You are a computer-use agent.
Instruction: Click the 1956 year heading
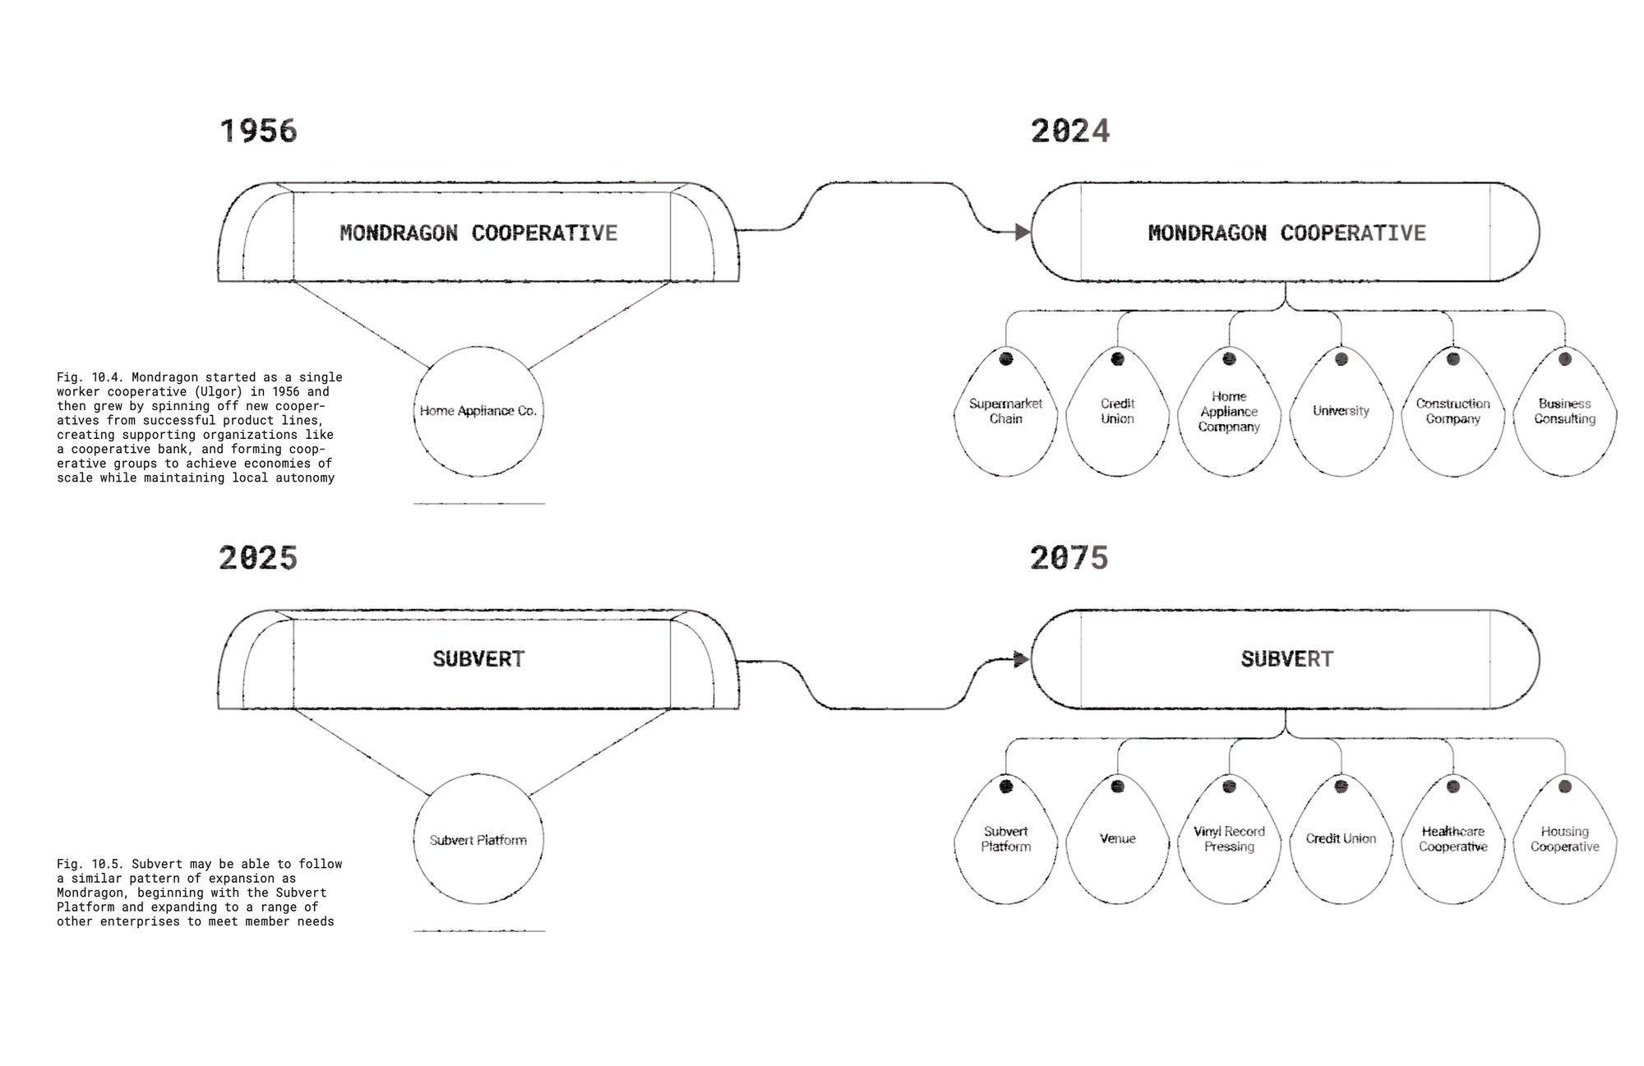point(258,132)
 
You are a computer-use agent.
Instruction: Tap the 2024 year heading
point(1070,132)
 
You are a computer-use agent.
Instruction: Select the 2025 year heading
point(258,559)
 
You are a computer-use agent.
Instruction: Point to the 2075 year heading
point(1069,559)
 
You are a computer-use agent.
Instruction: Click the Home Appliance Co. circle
point(478,411)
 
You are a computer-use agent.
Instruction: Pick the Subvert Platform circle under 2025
point(478,839)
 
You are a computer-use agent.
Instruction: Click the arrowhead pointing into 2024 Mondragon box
point(1023,233)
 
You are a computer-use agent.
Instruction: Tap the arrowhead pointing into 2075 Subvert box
point(1021,659)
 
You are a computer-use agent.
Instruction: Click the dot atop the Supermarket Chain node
point(1006,359)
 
